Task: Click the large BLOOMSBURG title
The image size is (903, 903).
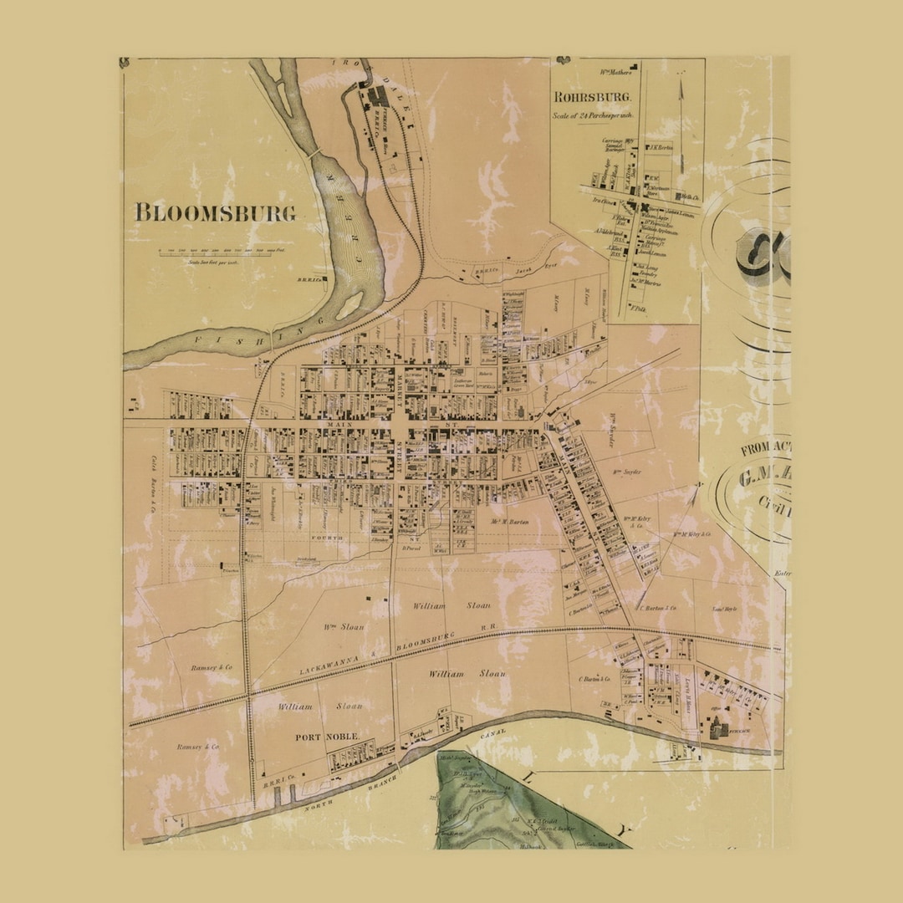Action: [x=216, y=212]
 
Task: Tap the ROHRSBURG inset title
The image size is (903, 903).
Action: [x=586, y=96]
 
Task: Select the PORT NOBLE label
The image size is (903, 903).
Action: [x=326, y=737]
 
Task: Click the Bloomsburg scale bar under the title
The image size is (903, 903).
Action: [x=216, y=252]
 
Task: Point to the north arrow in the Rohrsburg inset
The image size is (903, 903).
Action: [x=681, y=125]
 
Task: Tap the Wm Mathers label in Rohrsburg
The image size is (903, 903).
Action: [x=615, y=72]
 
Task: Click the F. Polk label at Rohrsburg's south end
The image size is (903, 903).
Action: [x=639, y=309]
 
